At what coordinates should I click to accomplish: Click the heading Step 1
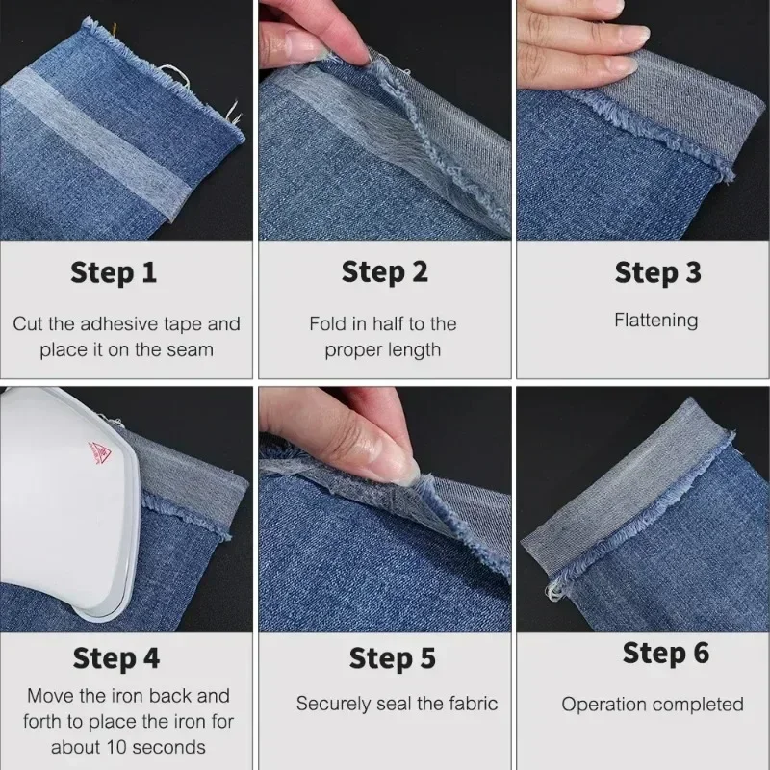(114, 273)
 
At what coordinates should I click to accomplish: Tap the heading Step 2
(385, 273)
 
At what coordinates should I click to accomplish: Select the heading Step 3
(657, 273)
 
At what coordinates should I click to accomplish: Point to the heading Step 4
(115, 659)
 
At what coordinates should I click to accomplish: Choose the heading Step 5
(392, 659)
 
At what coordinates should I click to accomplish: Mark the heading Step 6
(665, 654)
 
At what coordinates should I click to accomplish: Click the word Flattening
(656, 321)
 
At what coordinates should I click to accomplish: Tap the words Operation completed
(653, 705)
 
